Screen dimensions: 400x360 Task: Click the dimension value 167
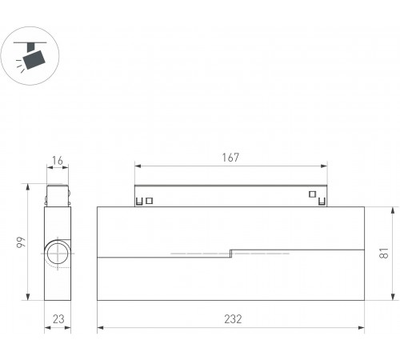click(230, 158)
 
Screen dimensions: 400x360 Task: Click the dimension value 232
click(233, 319)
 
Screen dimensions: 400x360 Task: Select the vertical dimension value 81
click(384, 253)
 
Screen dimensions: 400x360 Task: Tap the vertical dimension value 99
click(21, 242)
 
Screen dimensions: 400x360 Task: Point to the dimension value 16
click(58, 161)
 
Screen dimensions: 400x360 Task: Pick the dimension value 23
click(58, 319)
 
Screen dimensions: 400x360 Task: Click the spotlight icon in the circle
click(30, 57)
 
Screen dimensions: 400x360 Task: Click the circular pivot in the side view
click(58, 254)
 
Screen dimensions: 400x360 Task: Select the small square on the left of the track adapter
click(150, 201)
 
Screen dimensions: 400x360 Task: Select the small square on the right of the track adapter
click(313, 194)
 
